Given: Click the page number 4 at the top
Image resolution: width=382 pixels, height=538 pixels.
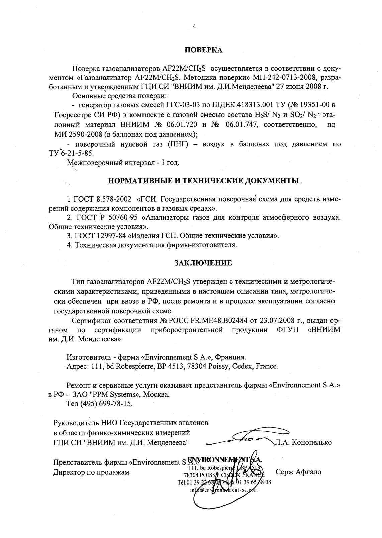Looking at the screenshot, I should (194, 27).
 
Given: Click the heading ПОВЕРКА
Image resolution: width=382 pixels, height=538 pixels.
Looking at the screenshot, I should (203, 50).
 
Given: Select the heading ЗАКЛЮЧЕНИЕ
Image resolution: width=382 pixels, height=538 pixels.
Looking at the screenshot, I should (203, 263).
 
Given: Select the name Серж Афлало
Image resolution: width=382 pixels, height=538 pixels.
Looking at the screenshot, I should (298, 472).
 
